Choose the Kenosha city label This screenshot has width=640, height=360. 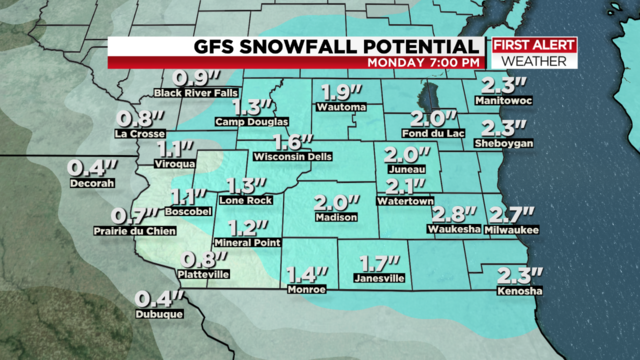click(519, 292)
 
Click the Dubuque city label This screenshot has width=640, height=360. click(159, 315)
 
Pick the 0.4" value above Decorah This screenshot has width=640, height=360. click(91, 167)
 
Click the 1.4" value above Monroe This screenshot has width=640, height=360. click(306, 274)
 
